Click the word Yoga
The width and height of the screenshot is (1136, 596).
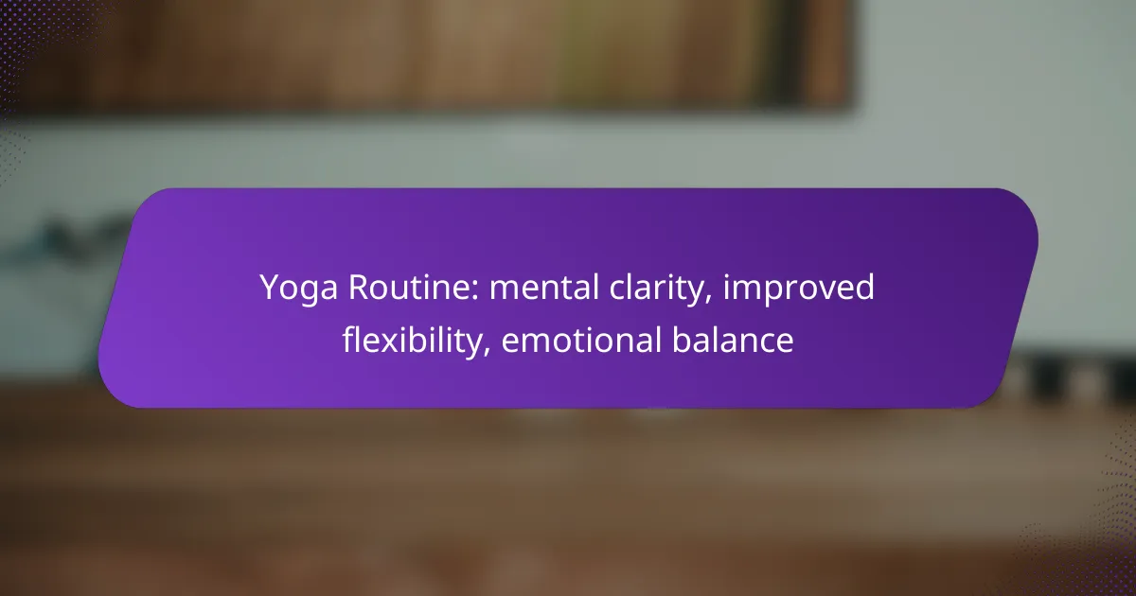(299, 288)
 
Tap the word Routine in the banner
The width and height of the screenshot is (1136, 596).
(414, 287)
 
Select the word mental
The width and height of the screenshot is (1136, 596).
(543, 287)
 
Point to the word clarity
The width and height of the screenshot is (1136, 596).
(656, 288)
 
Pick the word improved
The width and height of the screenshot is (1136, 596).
(799, 288)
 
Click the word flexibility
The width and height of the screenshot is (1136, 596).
(413, 341)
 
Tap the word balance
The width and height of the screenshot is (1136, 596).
(733, 340)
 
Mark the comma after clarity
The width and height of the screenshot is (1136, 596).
(708, 299)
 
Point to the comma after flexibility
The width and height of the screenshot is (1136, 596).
(487, 352)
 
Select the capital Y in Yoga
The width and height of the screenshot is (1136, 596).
(271, 287)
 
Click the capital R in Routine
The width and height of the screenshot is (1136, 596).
(359, 287)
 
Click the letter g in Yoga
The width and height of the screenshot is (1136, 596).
(309, 293)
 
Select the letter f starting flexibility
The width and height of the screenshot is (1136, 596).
(349, 339)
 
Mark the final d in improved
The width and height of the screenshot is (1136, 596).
(865, 287)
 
